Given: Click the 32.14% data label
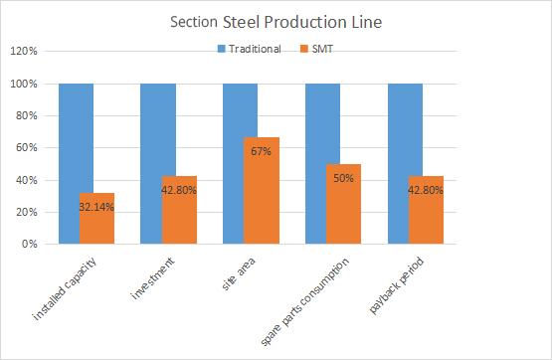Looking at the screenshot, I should [x=97, y=207].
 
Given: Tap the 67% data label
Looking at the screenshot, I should [x=262, y=152].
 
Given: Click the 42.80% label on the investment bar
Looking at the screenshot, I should [x=179, y=190].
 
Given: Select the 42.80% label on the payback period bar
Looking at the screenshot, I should [x=427, y=190].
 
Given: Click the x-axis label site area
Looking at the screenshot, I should [x=244, y=270].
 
